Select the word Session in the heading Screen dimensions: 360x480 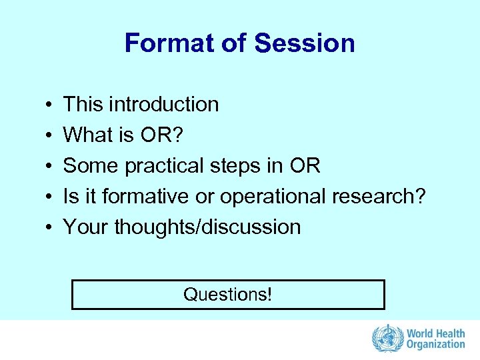(x=304, y=43)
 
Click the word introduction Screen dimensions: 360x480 (x=163, y=105)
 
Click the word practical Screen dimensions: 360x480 (x=155, y=166)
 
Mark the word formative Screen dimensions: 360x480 (x=139, y=197)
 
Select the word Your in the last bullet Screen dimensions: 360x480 (x=86, y=227)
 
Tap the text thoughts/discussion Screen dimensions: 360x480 (x=207, y=227)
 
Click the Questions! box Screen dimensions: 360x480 (x=228, y=295)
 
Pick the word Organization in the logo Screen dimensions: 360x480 (x=436, y=345)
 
